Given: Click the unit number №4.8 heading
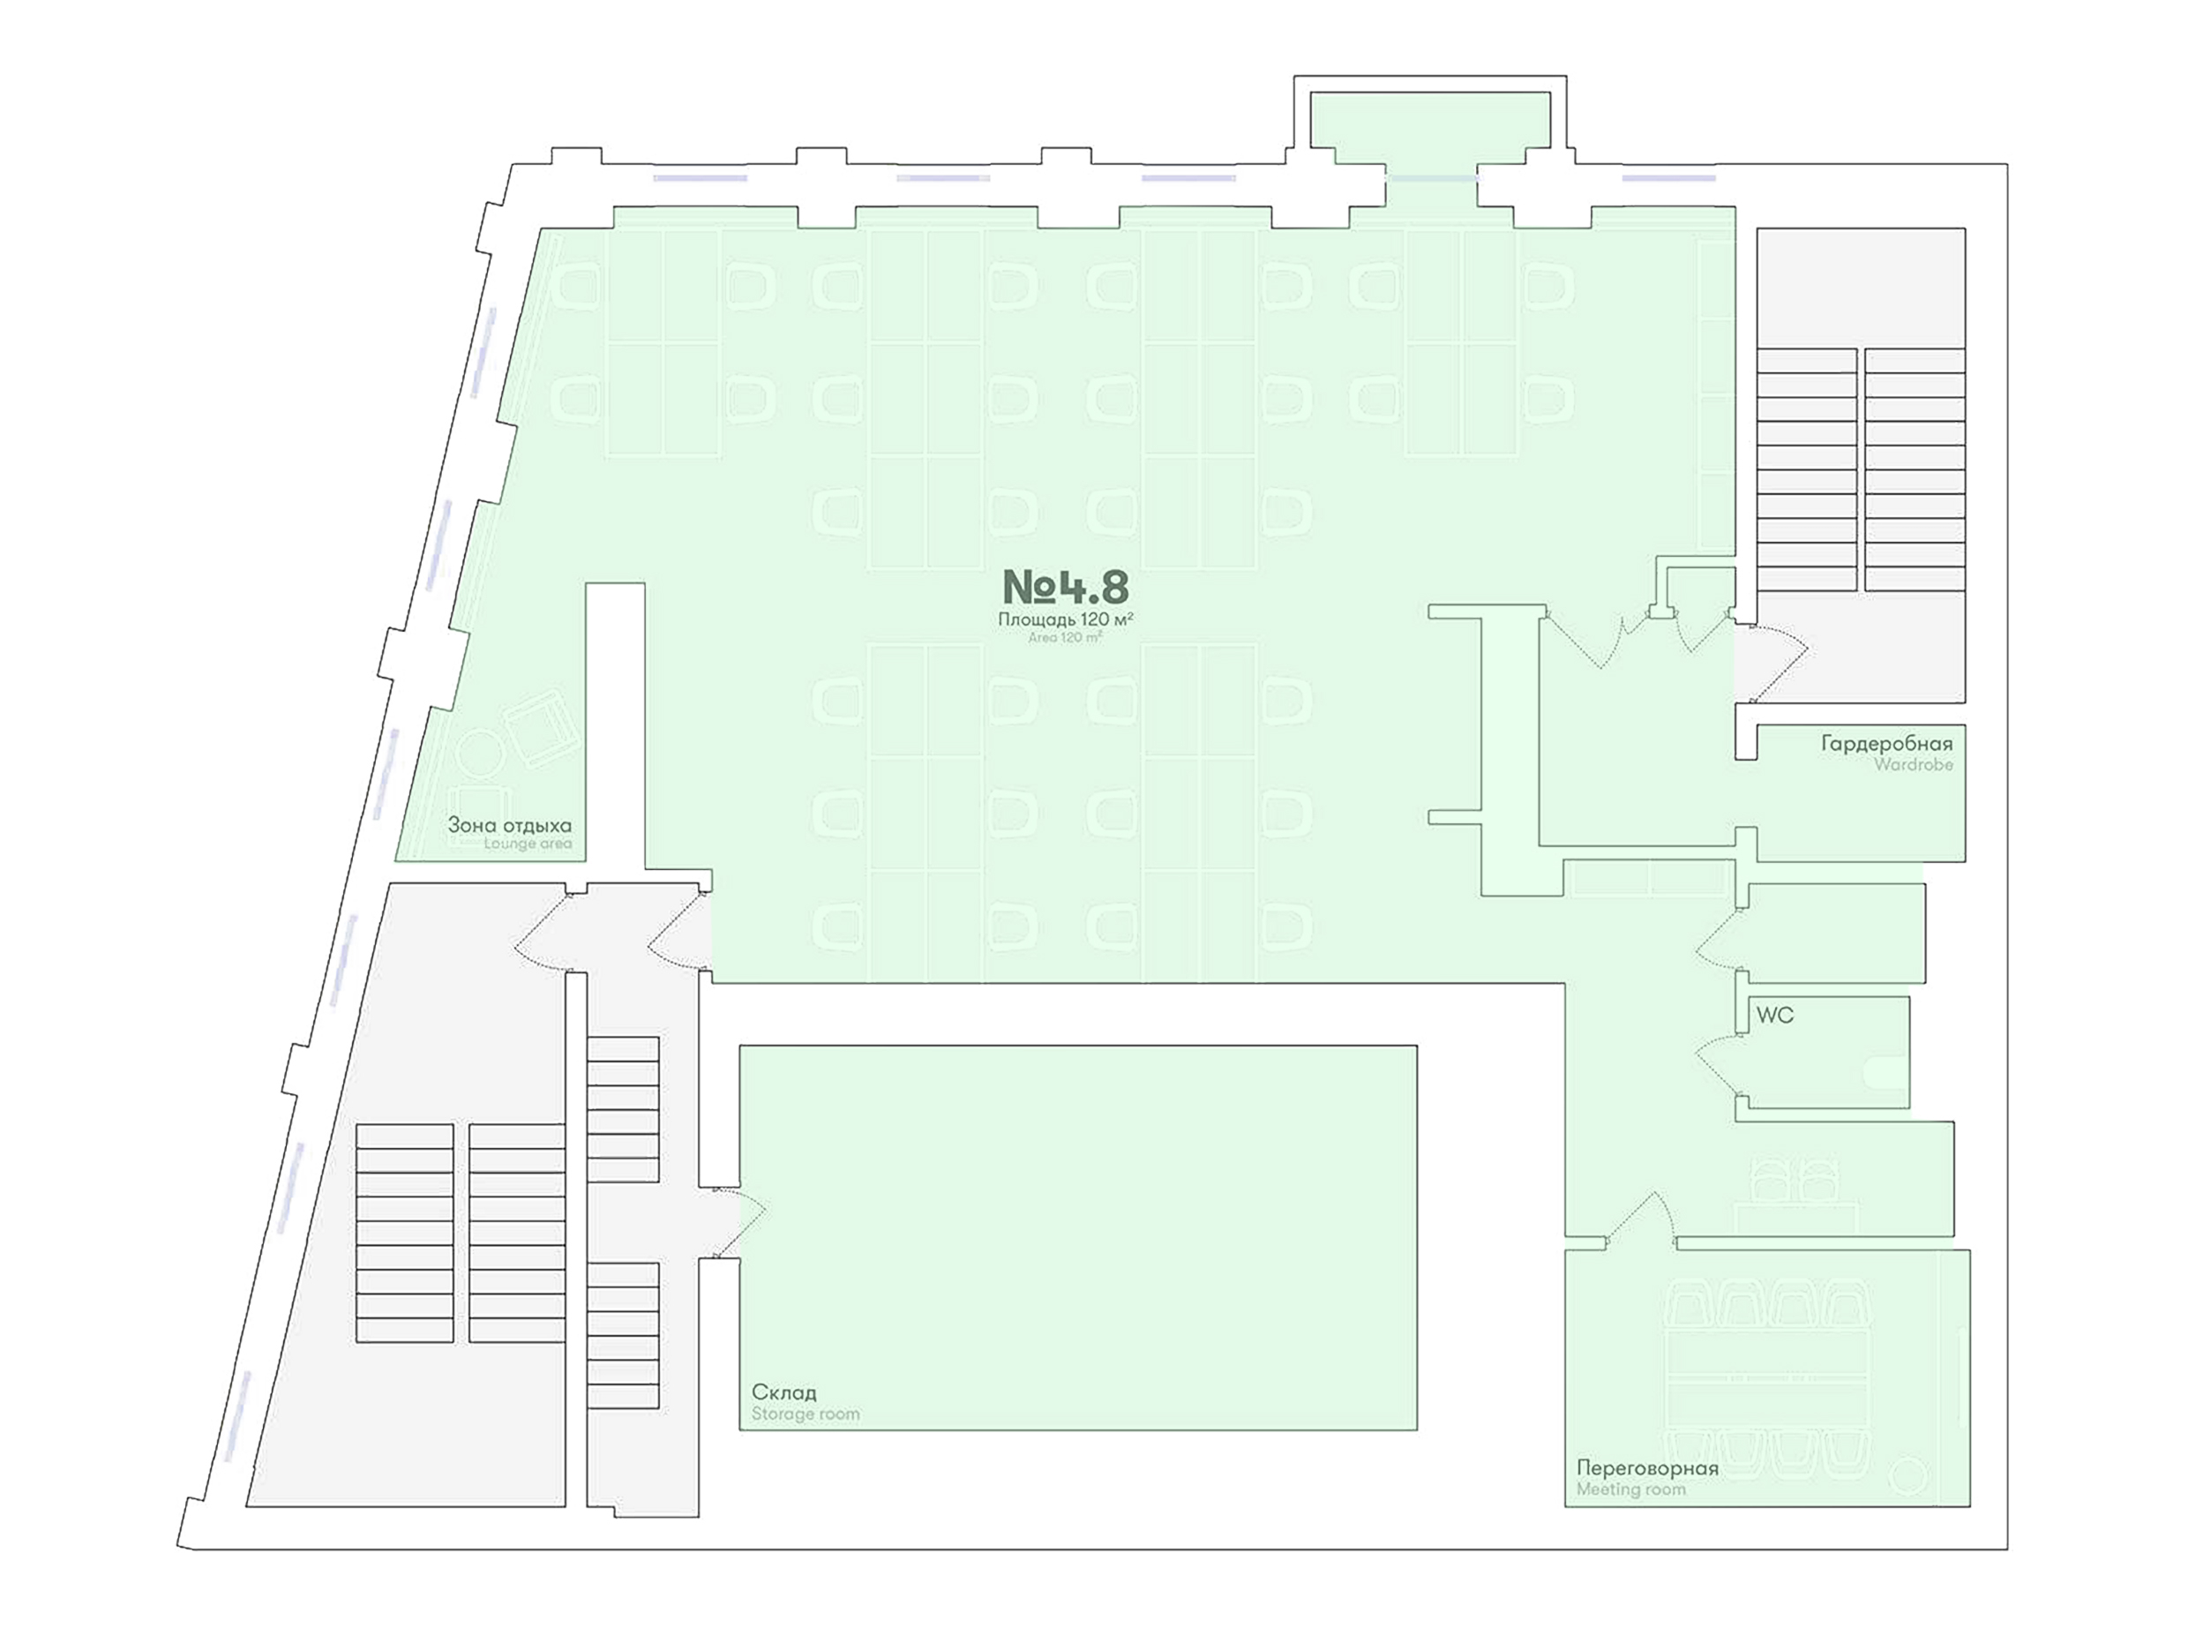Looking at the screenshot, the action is point(1065,587).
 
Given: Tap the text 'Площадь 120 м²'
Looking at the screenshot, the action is point(1065,619).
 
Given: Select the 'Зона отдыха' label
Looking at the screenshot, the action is point(509,825).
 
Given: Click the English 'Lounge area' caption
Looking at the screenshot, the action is point(528,844).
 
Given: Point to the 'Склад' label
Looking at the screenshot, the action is point(784,1392).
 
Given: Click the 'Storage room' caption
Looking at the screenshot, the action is point(806,1414).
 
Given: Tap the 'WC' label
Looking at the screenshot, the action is point(1774,1015).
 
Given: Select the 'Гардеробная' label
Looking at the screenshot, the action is point(1887,744).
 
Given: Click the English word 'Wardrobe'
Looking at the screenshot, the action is point(1914,765).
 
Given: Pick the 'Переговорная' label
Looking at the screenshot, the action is point(1647,1468).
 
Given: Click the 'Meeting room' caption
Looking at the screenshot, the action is point(1631,1489).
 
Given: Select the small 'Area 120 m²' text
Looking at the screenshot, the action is point(1065,638).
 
